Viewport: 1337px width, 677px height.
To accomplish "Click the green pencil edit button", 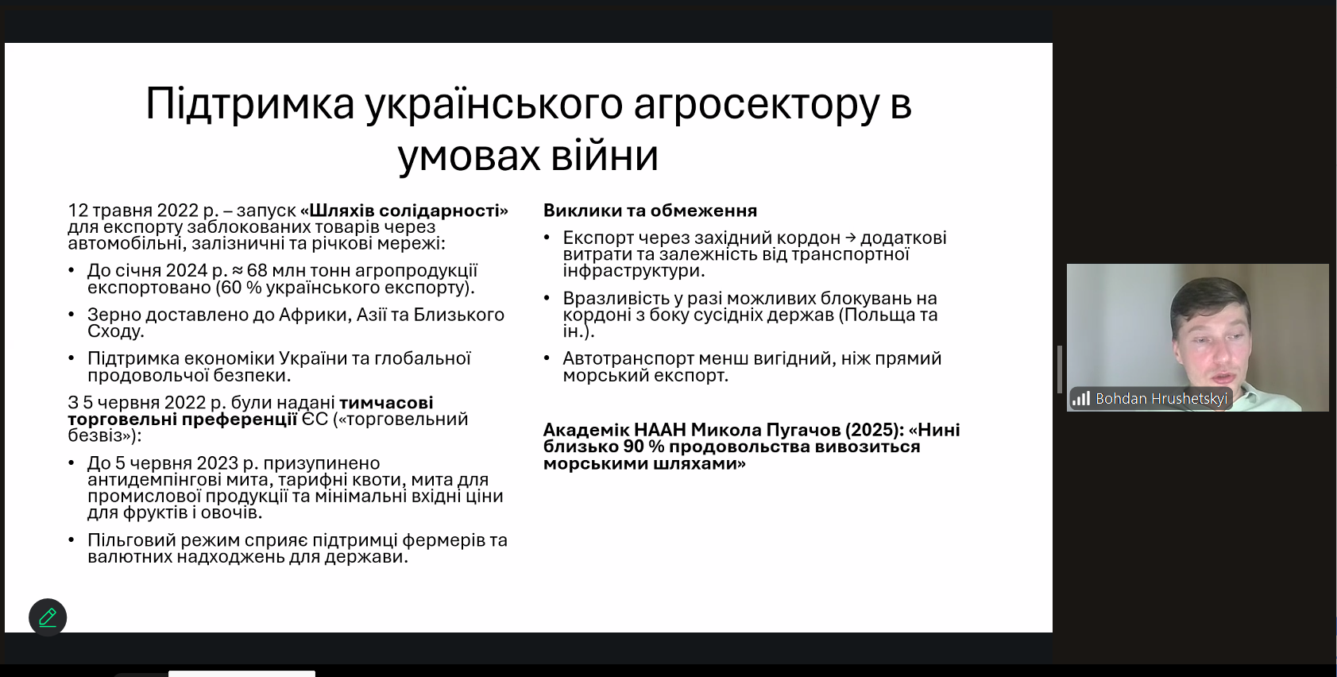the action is pos(48,617).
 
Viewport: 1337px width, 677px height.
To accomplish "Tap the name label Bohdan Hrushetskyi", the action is pos(1161,399).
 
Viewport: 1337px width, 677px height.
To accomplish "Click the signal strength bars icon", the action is pos(1081,398).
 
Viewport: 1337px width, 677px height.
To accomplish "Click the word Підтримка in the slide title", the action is pos(250,104).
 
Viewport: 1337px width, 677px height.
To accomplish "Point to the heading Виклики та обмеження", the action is pos(650,210).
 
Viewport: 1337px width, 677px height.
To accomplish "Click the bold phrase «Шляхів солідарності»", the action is pos(404,210).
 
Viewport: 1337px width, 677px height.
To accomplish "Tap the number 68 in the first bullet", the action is pos(257,270).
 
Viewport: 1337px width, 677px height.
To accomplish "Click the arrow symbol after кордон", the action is pos(850,238).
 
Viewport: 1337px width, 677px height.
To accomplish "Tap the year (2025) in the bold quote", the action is pos(872,430).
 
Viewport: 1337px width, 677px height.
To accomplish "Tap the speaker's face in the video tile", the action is pos(1211,352).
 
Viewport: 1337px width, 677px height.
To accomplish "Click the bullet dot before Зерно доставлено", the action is pos(71,315).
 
